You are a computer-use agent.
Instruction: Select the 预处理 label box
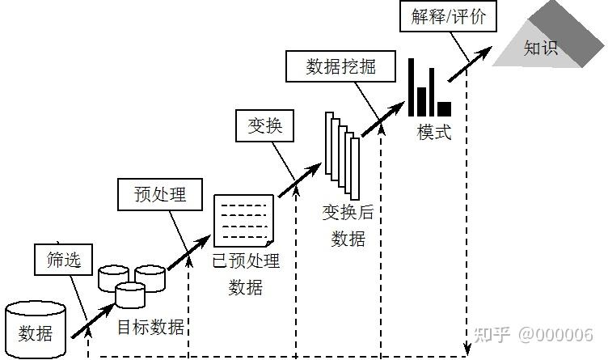pyautogui.click(x=159, y=195)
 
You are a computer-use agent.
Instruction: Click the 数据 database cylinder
pyautogui.click(x=36, y=330)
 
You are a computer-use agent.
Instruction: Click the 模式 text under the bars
pyautogui.click(x=434, y=131)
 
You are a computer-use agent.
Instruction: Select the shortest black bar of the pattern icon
pyautogui.click(x=444, y=108)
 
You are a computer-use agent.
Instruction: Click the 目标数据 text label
pyautogui.click(x=150, y=327)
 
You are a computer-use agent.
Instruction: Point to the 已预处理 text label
pyautogui.click(x=245, y=260)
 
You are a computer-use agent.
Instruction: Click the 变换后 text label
pyautogui.click(x=348, y=212)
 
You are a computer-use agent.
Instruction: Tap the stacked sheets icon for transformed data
pyautogui.click(x=341, y=154)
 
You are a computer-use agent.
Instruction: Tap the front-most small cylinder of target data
pyautogui.click(x=129, y=295)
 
